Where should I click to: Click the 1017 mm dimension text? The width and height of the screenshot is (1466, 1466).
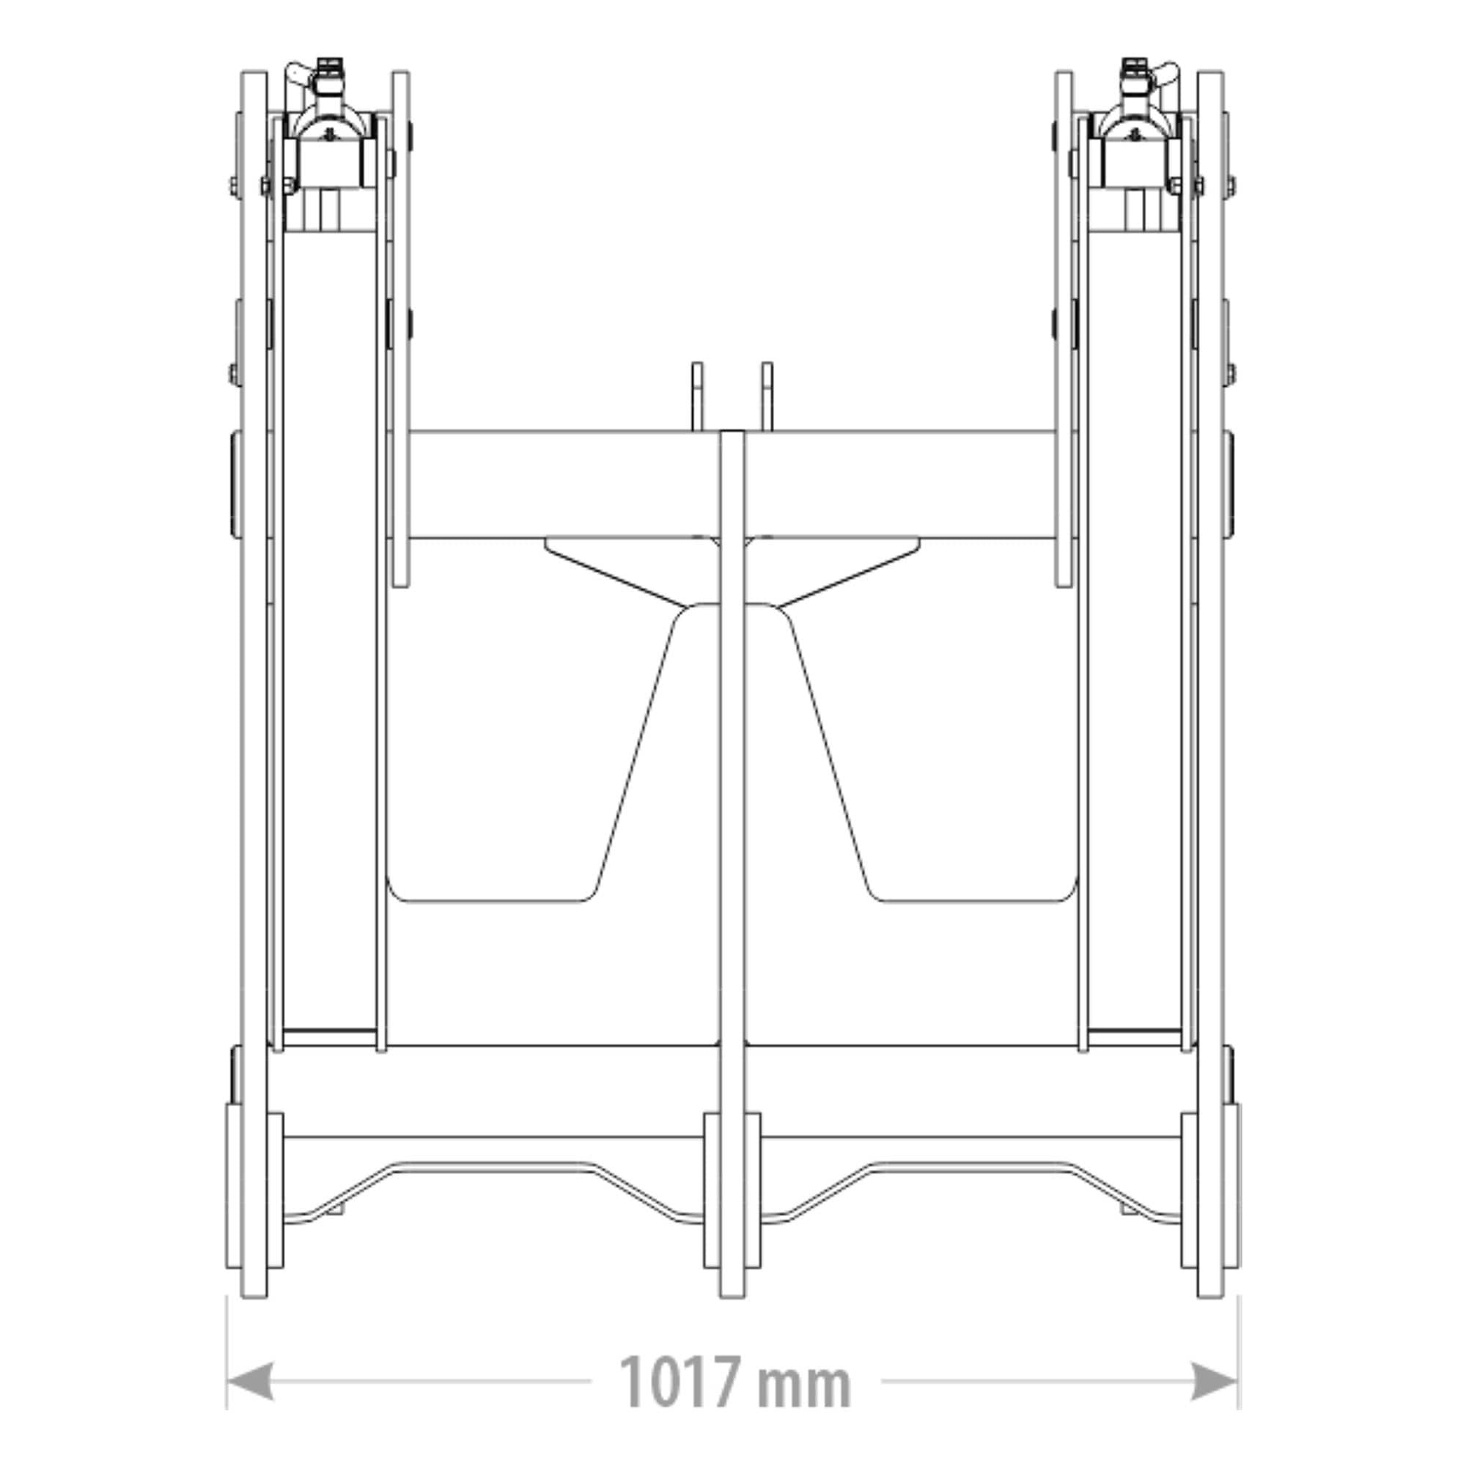click(734, 1382)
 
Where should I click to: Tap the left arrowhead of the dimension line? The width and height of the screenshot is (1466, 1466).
click(250, 1381)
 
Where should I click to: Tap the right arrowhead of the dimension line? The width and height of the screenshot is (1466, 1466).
click(1215, 1381)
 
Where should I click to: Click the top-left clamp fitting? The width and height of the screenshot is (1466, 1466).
click(331, 129)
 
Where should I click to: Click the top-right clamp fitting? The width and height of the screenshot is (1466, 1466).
click(1135, 129)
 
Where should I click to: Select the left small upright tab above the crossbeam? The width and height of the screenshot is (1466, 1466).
click(696, 397)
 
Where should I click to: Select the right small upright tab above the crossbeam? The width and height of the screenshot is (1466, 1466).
click(767, 397)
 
